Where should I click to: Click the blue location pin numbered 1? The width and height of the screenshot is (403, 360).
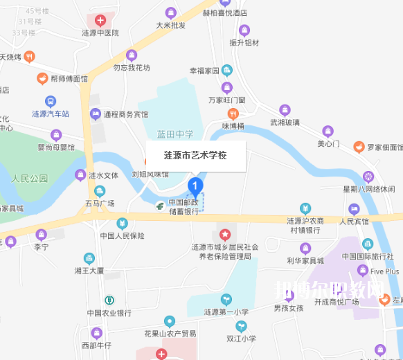195,186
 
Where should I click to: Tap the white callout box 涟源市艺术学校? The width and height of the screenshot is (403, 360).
195,156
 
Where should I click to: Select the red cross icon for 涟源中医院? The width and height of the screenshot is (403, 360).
100,20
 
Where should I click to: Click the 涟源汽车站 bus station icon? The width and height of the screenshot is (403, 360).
51,101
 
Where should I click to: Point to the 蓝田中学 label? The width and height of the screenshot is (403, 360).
175,134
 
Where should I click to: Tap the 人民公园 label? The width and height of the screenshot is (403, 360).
30,178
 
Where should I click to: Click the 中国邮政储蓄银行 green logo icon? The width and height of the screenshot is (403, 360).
160,206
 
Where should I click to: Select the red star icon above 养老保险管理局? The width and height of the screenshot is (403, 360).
224,235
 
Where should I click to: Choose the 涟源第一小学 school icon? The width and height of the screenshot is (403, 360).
226,298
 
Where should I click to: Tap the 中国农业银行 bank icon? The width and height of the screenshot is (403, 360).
109,300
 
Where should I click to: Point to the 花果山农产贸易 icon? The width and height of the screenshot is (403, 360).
170,321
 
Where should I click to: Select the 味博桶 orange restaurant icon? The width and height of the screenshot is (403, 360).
233,114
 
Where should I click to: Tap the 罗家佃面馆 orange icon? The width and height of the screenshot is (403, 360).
359,147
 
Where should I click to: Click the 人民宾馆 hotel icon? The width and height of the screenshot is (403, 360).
354,208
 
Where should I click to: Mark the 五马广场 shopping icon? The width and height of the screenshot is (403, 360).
100,191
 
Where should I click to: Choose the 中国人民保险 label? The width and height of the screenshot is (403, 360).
122,235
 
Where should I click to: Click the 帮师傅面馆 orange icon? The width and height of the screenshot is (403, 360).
42,79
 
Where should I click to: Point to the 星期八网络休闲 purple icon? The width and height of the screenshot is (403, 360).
368,177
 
